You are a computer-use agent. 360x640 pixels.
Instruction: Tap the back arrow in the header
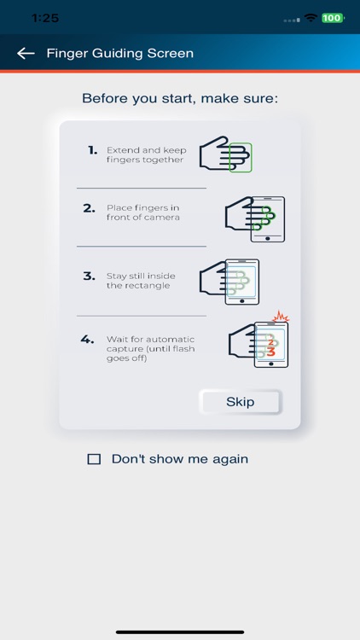(x=26, y=54)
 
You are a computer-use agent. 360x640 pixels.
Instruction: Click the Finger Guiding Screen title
(x=119, y=54)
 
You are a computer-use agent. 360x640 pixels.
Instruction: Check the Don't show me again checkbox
(x=94, y=459)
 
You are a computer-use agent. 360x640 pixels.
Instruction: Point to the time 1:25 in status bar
(x=45, y=17)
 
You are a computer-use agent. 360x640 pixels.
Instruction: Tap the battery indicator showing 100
(x=332, y=18)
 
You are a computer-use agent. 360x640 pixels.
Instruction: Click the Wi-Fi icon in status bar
(x=311, y=18)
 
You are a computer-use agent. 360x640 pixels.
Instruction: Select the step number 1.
(x=93, y=150)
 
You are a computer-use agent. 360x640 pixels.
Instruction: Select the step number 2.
(x=90, y=208)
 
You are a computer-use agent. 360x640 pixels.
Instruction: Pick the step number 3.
(x=90, y=276)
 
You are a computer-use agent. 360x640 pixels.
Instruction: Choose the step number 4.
(x=87, y=340)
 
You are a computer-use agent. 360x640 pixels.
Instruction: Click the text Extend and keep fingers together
(x=145, y=155)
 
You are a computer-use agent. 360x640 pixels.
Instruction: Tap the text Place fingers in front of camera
(x=143, y=213)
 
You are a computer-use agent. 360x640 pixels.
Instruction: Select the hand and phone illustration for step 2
(x=254, y=218)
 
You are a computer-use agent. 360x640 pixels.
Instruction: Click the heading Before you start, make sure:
(x=180, y=99)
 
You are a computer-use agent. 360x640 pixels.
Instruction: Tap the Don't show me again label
(x=179, y=459)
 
